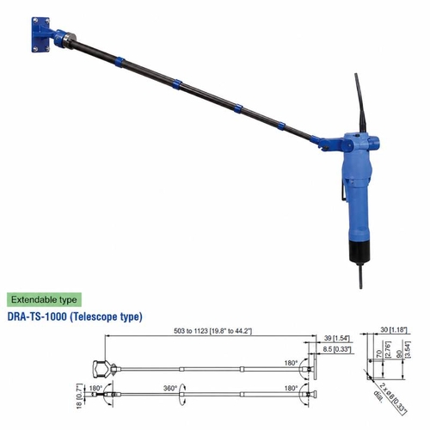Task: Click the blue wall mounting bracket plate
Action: coord(40,34)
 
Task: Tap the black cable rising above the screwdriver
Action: coord(359,103)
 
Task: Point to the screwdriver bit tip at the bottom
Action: coord(360,287)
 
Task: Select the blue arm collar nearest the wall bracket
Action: coord(120,62)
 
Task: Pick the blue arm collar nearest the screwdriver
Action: coord(280,126)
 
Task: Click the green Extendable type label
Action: coord(44,300)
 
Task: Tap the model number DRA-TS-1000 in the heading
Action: coord(37,316)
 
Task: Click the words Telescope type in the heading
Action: coord(107,316)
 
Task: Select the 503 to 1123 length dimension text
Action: coord(212,331)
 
